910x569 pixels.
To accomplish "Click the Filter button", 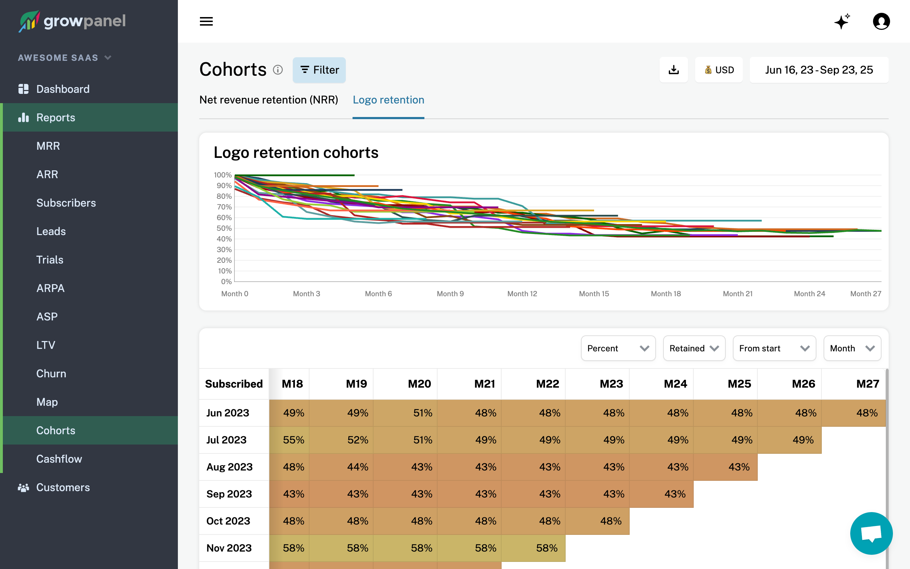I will [319, 70].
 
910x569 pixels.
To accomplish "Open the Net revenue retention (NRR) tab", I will [268, 100].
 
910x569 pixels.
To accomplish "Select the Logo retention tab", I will [388, 100].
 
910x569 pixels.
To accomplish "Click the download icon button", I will [673, 70].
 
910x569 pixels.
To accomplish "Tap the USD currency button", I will [719, 70].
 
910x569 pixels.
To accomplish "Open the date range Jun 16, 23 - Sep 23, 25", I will [819, 70].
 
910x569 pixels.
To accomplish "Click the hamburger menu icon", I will [206, 21].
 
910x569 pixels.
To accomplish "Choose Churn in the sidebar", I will [51, 373].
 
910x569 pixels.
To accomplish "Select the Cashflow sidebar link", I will [59, 459].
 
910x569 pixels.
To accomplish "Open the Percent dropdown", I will [618, 348].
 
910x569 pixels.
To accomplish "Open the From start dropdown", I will [774, 348].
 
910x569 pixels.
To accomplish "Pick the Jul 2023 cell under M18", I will [293, 440].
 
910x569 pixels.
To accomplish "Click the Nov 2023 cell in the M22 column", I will [546, 548].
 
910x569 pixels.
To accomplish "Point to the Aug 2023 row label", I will [229, 467].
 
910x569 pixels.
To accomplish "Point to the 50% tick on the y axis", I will [224, 228].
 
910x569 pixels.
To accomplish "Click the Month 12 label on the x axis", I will [522, 293].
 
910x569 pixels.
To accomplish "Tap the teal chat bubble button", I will [871, 533].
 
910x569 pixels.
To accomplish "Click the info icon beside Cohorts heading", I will [278, 70].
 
